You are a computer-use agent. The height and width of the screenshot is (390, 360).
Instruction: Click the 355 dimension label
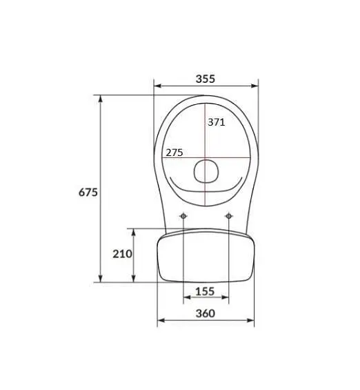(206, 79)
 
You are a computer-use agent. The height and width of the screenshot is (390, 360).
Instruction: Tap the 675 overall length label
(88, 193)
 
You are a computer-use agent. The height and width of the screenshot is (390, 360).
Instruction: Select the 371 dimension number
(217, 122)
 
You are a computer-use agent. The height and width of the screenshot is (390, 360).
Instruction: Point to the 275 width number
(174, 153)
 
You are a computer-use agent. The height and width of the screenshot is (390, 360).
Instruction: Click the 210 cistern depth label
(122, 254)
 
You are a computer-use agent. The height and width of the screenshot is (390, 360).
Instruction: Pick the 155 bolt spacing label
(205, 291)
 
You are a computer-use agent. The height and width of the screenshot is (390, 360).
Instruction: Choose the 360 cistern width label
(206, 313)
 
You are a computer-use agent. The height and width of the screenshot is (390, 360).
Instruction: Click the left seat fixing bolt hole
(183, 216)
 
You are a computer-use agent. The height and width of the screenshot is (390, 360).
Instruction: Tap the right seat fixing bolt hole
(228, 216)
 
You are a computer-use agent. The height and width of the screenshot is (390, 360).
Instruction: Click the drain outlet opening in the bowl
(206, 171)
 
